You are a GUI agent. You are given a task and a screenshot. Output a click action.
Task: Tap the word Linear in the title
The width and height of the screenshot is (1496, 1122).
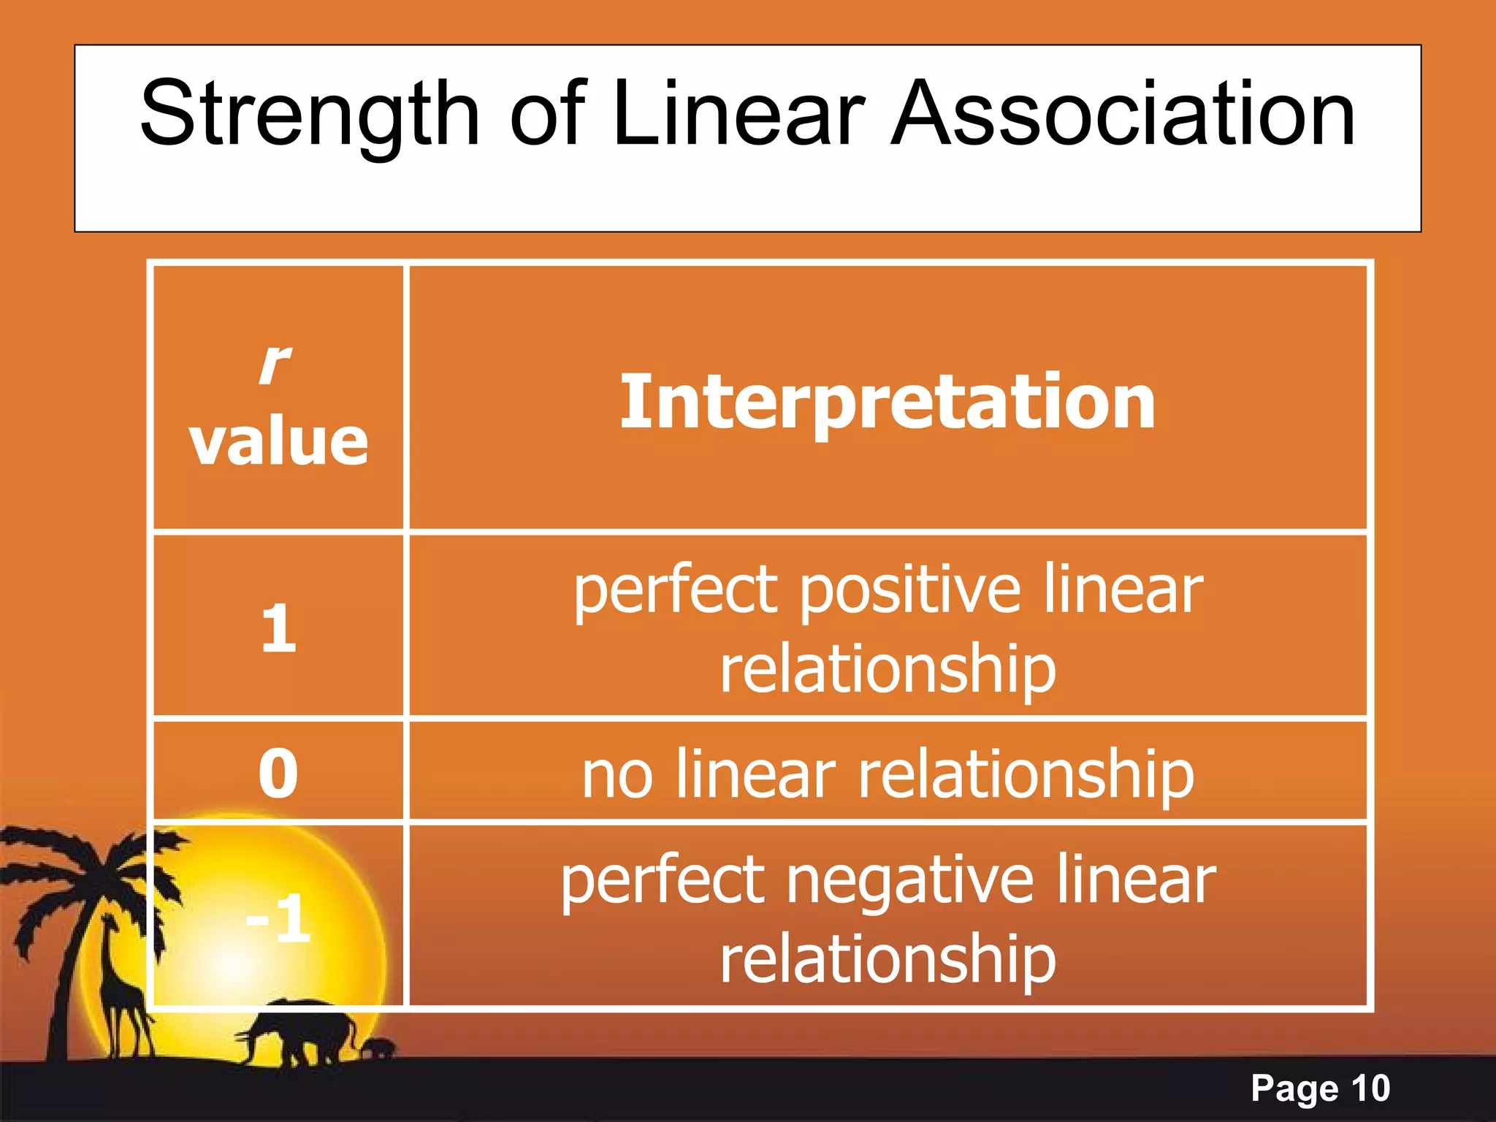pos(739,115)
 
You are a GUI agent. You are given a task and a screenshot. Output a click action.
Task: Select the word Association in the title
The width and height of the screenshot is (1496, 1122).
pos(1123,115)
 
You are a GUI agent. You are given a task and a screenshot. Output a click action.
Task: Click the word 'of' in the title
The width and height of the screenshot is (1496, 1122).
pos(548,115)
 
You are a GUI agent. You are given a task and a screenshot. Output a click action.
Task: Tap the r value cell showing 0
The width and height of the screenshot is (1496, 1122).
pos(278,773)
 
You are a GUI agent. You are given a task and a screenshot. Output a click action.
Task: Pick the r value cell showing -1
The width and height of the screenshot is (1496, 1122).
pos(278,919)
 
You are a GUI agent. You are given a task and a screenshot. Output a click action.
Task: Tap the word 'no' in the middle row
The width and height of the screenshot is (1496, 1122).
pos(617,775)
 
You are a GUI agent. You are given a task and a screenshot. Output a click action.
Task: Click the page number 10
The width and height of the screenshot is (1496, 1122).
pos(1370,1088)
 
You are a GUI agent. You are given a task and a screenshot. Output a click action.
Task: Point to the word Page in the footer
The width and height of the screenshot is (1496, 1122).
pos(1294,1089)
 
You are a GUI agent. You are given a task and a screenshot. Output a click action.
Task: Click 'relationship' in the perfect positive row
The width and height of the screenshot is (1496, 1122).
pos(888,671)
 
